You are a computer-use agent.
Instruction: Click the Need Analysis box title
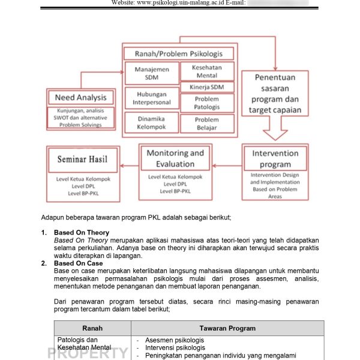[x=80, y=98]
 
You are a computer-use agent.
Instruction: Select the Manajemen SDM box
[x=151, y=74]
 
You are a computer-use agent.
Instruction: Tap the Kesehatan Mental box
[x=207, y=72]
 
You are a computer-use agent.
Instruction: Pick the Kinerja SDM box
[x=207, y=88]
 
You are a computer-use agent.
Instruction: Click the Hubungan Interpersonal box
[x=151, y=98]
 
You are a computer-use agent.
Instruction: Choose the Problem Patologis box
[x=207, y=103]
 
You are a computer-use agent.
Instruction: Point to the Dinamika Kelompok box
[x=151, y=123]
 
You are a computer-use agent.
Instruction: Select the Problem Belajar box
[x=207, y=124]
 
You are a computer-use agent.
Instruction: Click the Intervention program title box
[x=275, y=158]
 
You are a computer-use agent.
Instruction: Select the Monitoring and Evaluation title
[x=175, y=158]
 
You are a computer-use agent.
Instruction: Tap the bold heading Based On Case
[x=78, y=263]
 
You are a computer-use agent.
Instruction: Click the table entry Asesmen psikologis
[x=174, y=340]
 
